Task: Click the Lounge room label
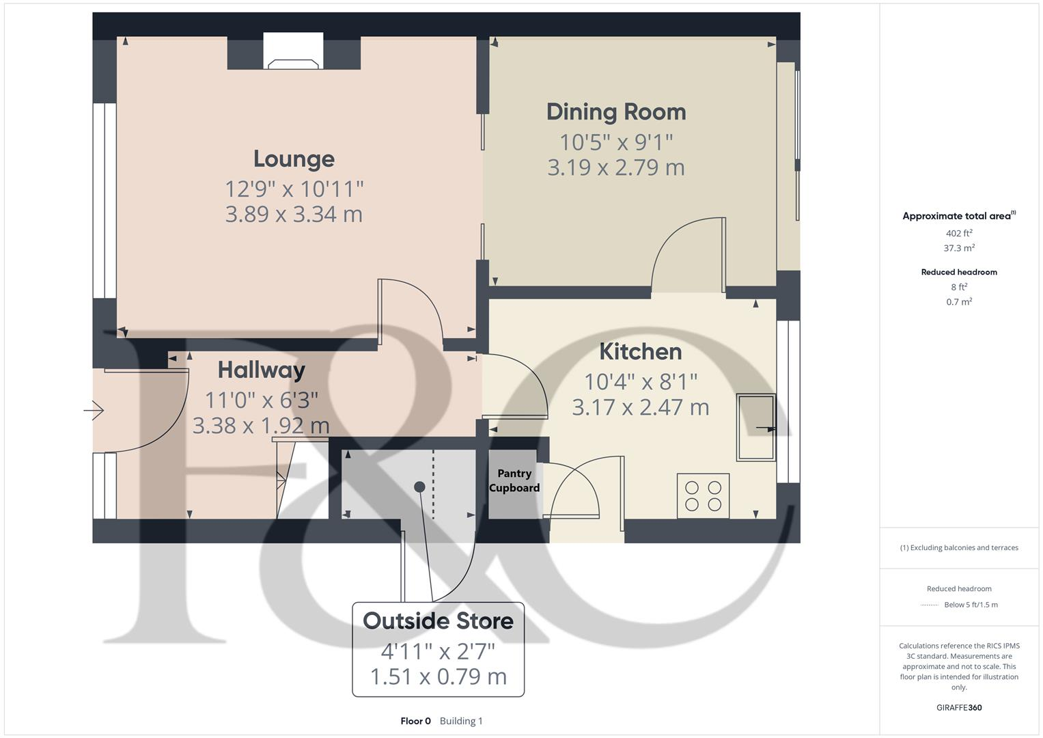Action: click(x=294, y=159)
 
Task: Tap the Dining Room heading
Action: click(x=616, y=112)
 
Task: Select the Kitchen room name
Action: click(x=640, y=351)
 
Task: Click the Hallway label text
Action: click(x=261, y=370)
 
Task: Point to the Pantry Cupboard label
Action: click(x=514, y=480)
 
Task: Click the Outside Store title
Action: click(x=438, y=620)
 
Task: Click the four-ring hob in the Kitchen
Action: click(x=703, y=496)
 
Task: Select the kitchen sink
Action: click(x=755, y=428)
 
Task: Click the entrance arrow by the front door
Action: click(x=94, y=410)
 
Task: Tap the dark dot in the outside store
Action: click(x=419, y=487)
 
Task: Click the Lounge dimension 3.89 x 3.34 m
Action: click(x=294, y=214)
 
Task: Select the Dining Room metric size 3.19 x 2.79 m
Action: click(x=616, y=167)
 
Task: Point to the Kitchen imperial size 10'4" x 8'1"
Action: click(x=640, y=381)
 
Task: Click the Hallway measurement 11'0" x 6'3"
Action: click(x=261, y=400)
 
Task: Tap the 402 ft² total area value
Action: click(x=959, y=233)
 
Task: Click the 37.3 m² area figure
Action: click(x=959, y=248)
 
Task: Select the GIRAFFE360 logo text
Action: click(x=959, y=707)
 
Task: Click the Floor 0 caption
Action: click(x=415, y=721)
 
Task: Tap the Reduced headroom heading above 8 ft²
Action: click(x=959, y=272)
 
